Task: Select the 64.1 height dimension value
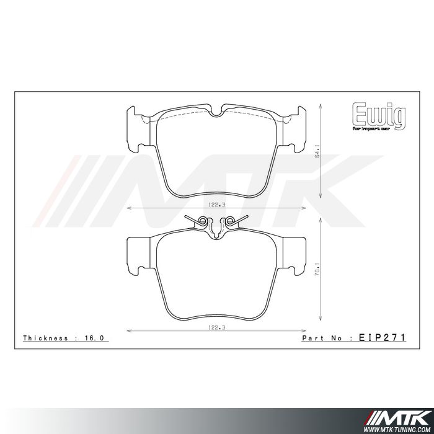point(318,151)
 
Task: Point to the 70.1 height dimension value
point(318,270)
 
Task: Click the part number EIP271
point(382,339)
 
